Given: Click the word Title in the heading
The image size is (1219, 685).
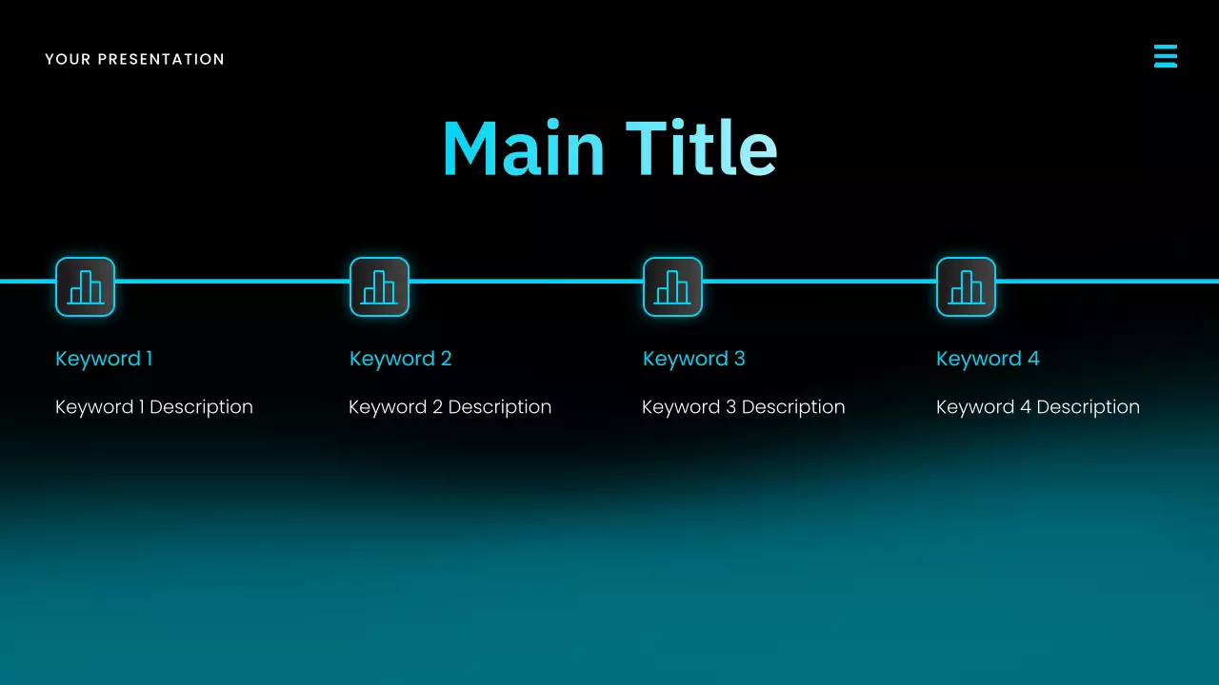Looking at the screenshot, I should pyautogui.click(x=702, y=149).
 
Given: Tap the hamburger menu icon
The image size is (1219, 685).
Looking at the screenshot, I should pyautogui.click(x=1165, y=56).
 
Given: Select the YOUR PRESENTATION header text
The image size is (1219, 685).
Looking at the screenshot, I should pyautogui.click(x=134, y=59).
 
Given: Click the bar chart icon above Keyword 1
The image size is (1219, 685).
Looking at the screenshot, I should pyautogui.click(x=85, y=286).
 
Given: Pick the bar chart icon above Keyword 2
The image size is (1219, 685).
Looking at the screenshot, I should pyautogui.click(x=379, y=286).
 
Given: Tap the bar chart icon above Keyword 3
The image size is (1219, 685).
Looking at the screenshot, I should pyautogui.click(x=672, y=286).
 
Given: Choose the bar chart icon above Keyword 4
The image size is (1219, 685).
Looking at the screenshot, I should pyautogui.click(x=966, y=286).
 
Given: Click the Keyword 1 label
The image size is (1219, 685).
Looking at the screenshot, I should pyautogui.click(x=104, y=359).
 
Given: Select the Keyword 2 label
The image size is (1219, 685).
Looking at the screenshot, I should pyautogui.click(x=400, y=359).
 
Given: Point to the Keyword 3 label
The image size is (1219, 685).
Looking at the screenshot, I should pyautogui.click(x=693, y=359).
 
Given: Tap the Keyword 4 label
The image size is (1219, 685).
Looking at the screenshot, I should pyautogui.click(x=988, y=359).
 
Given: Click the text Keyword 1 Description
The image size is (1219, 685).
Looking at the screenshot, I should pyautogui.click(x=154, y=407).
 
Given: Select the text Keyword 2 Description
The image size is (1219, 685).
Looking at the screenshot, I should pyautogui.click(x=450, y=407).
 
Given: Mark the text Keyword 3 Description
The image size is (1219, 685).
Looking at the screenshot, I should pyautogui.click(x=743, y=407).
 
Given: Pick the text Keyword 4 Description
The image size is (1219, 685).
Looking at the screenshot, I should pyautogui.click(x=1037, y=407).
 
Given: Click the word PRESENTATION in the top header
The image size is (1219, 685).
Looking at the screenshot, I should pyautogui.click(x=161, y=59).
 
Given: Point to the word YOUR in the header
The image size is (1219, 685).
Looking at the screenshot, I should pyautogui.click(x=68, y=59).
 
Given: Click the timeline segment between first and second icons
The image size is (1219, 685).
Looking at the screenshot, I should pyautogui.click(x=232, y=281).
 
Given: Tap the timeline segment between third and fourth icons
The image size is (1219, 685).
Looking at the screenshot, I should pyautogui.click(x=819, y=281).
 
